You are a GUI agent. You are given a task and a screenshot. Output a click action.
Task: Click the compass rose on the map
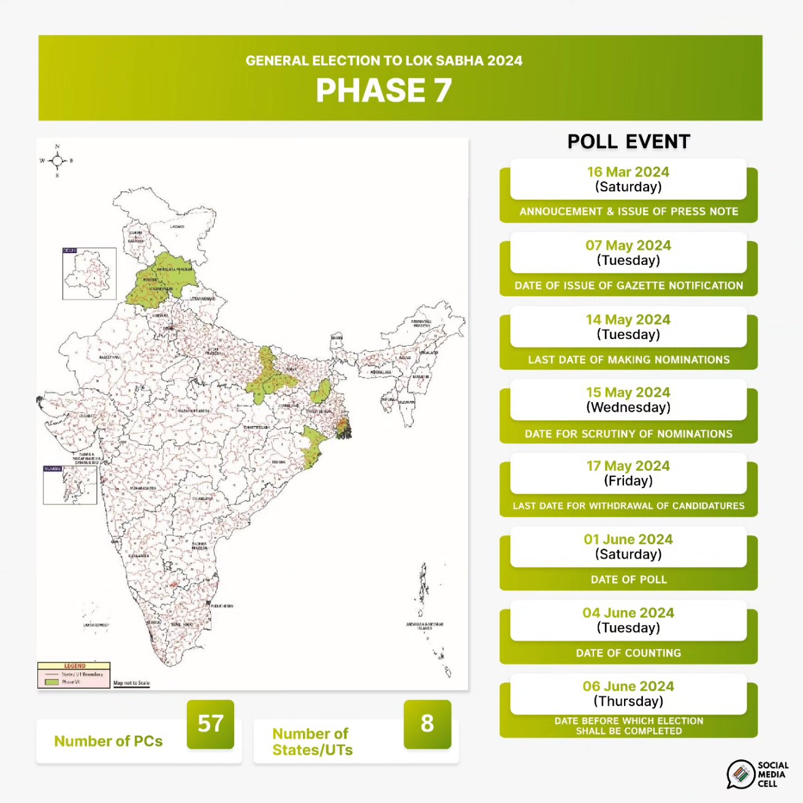57,161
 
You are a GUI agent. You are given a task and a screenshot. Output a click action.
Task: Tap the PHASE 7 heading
384,91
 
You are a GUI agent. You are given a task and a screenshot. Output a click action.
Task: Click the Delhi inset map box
89,273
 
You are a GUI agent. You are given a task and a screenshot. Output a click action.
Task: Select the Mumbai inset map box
70,485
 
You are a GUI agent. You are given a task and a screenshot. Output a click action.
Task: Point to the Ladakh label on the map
177,227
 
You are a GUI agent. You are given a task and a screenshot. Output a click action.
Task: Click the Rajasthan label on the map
109,357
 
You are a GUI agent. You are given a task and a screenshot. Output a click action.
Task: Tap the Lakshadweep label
96,625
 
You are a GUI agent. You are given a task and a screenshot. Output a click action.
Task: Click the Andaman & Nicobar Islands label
424,626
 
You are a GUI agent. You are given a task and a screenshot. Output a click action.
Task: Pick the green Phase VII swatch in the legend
51,682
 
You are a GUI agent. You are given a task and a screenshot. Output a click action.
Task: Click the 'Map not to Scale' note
131,683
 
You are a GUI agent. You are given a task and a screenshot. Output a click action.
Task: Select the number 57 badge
210,724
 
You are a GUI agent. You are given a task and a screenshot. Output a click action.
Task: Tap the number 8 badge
427,724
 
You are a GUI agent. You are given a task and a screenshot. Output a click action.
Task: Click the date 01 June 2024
628,539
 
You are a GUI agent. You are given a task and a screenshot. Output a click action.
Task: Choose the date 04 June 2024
628,613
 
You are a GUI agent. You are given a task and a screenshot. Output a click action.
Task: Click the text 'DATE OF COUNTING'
628,653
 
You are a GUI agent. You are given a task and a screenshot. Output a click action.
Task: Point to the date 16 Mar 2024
628,172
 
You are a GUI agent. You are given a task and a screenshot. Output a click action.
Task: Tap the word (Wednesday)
628,408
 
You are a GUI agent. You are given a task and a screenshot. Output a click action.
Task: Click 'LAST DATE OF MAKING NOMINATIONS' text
629,360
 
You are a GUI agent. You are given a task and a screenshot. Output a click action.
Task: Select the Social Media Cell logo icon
740,774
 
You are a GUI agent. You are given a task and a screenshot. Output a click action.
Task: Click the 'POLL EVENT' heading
629,142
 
